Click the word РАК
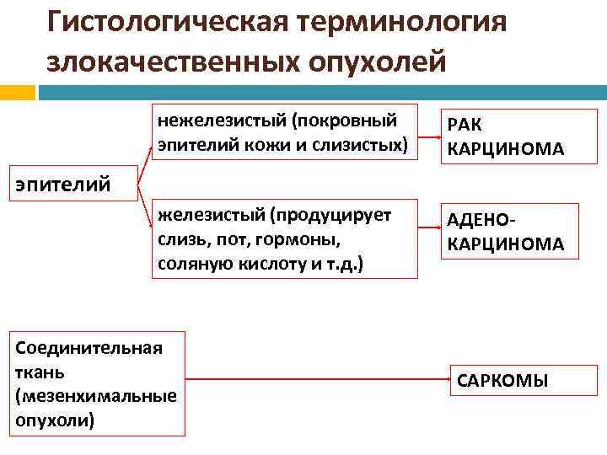464,126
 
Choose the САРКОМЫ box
502,380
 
